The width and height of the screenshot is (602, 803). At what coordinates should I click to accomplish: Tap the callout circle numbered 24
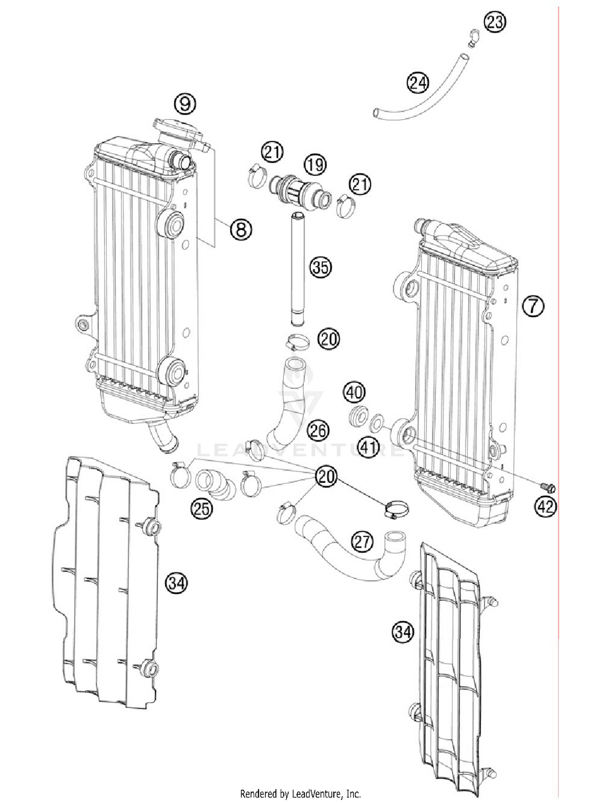(418, 83)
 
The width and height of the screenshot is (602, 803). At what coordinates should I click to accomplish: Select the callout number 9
(185, 104)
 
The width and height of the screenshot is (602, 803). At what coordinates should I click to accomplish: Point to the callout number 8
(241, 230)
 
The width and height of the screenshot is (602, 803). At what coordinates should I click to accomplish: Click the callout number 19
(315, 164)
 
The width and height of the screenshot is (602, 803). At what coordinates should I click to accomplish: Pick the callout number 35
(320, 267)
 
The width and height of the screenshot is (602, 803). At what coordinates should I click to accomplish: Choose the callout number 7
(533, 306)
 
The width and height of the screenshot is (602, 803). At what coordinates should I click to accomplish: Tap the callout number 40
(354, 392)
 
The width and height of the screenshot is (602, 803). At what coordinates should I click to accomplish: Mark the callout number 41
(368, 447)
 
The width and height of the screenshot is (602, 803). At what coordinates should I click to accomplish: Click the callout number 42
(545, 507)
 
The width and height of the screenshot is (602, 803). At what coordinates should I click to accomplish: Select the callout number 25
(201, 509)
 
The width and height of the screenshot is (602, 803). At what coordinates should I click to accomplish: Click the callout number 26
(318, 431)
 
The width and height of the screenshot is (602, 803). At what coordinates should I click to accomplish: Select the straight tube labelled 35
(298, 269)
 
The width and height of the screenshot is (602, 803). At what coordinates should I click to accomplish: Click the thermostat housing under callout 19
(301, 192)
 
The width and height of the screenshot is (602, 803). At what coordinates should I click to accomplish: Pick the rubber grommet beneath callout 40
(358, 415)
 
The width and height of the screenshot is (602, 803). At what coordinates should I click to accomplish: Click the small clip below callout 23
(474, 38)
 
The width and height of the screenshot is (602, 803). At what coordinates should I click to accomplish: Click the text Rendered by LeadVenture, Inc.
(300, 793)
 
